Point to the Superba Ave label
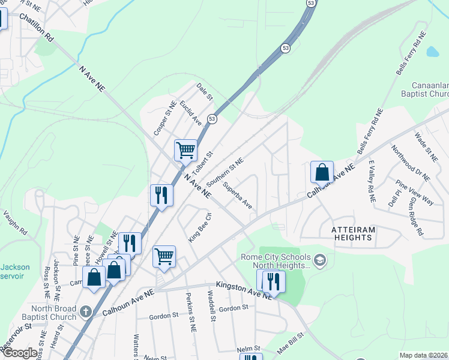pyautogui.click(x=237, y=196)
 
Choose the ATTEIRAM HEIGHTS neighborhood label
pyautogui.click(x=352, y=233)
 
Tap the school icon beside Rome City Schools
pyautogui.click(x=320, y=260)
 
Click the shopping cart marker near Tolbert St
pyautogui.click(x=186, y=149)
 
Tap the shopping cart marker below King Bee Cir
pyautogui.click(x=164, y=256)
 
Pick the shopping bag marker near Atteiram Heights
pyautogui.click(x=322, y=172)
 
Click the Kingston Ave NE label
pyautogui.click(x=240, y=290)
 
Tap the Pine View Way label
pyautogui.click(x=414, y=192)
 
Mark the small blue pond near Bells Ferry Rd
pyautogui.click(x=432, y=51)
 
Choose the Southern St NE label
pyautogui.click(x=224, y=172)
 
